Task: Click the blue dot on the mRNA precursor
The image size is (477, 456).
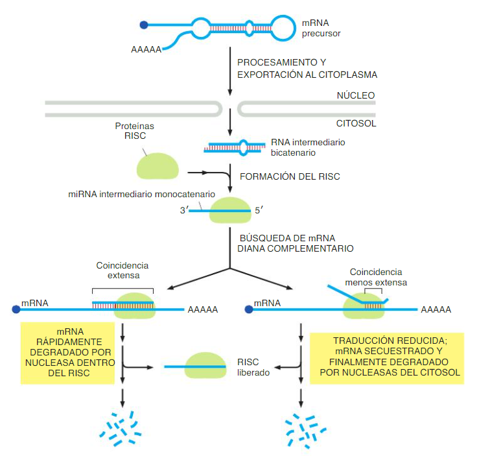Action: pos(144,25)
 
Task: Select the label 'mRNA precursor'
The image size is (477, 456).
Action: pos(321,28)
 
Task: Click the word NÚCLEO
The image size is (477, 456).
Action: pos(355,95)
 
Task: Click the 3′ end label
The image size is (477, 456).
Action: pos(184,211)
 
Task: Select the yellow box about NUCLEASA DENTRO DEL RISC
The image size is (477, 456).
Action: pos(67,353)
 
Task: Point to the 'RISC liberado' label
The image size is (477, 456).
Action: pos(253,367)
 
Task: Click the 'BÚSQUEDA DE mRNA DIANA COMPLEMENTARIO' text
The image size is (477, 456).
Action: pos(296,243)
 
